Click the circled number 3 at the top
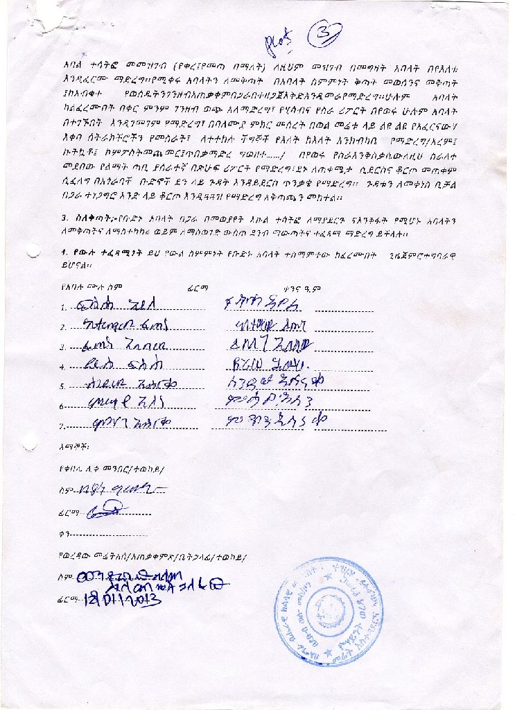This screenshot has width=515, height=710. [324, 34]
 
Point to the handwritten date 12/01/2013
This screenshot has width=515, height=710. [123, 601]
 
